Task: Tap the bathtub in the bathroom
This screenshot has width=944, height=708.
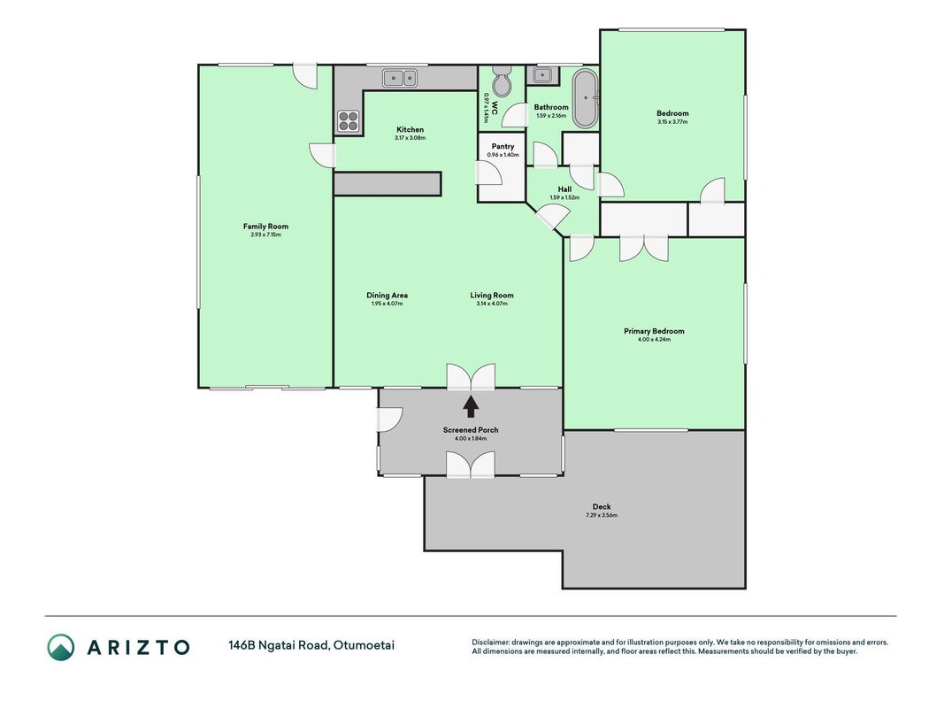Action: pyautogui.click(x=585, y=99)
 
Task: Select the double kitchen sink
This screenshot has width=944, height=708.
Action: pyautogui.click(x=400, y=78)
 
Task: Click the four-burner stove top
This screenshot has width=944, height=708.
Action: pyautogui.click(x=348, y=120)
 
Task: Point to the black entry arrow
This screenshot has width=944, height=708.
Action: pyautogui.click(x=471, y=406)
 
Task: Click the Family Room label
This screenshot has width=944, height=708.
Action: pyautogui.click(x=265, y=227)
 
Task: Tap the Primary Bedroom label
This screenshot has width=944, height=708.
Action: pyautogui.click(x=654, y=331)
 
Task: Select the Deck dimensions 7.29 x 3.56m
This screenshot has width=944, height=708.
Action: pyautogui.click(x=602, y=515)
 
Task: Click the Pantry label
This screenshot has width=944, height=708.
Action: pyautogui.click(x=503, y=146)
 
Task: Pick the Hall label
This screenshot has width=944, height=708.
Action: pyautogui.click(x=564, y=189)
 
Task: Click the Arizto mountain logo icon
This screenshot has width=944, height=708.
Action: pyautogui.click(x=61, y=647)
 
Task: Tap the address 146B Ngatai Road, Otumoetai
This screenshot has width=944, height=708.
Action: pyautogui.click(x=311, y=645)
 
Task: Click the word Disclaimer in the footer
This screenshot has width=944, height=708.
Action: pyautogui.click(x=490, y=643)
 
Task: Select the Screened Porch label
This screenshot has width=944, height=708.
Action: pyautogui.click(x=471, y=430)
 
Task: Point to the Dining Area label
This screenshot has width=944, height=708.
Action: pyautogui.click(x=388, y=295)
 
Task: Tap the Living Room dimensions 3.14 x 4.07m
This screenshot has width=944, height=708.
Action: pyautogui.click(x=492, y=304)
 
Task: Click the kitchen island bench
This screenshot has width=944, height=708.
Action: pyautogui.click(x=388, y=183)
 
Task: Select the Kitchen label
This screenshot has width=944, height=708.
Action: pyautogui.click(x=410, y=129)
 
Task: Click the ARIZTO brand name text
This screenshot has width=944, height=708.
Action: pyautogui.click(x=139, y=647)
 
